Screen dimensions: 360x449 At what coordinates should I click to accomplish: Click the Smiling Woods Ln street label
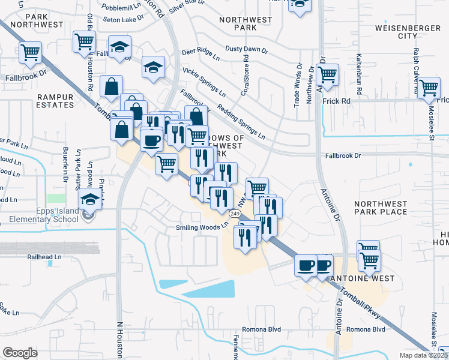pos(202,227)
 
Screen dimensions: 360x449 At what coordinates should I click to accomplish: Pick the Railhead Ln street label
pos(44,256)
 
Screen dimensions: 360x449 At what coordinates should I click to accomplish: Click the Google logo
pos(20,352)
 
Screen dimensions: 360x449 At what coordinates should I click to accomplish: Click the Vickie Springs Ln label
pos(204,82)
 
